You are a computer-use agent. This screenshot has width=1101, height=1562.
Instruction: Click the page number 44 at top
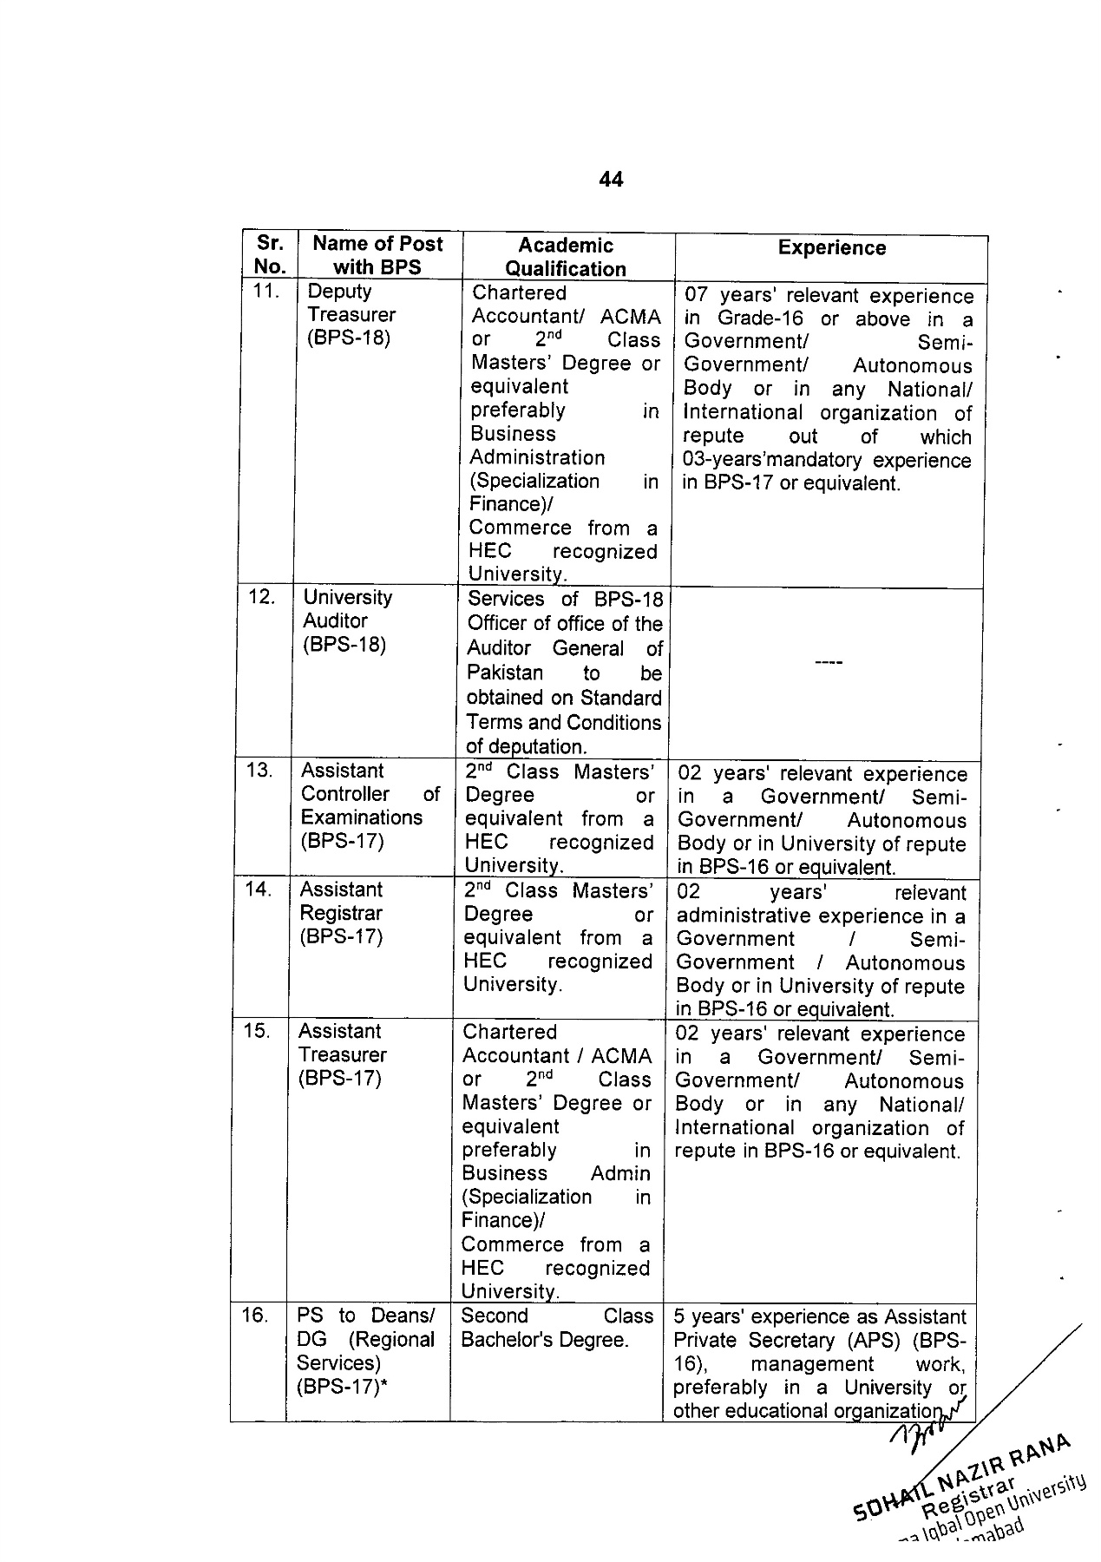(610, 180)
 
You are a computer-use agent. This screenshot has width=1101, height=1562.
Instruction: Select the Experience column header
(831, 248)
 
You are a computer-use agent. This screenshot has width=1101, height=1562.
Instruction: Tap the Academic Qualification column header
(566, 257)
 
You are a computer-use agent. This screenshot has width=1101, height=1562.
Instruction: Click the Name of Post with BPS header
(377, 256)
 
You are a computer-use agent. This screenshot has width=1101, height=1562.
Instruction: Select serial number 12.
(262, 597)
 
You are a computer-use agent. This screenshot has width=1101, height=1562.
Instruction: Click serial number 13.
(259, 770)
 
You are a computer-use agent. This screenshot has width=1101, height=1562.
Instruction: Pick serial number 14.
(259, 889)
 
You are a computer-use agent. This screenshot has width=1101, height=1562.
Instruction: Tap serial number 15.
(257, 1031)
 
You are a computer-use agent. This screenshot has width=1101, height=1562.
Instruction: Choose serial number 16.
(255, 1316)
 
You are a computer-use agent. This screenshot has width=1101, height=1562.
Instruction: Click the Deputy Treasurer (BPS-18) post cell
(351, 314)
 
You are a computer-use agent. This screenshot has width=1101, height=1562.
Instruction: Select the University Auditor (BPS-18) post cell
(346, 620)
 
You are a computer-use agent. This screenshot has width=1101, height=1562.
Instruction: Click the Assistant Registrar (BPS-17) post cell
(341, 913)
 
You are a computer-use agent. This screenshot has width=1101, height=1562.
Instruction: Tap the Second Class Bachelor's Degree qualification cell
(555, 1328)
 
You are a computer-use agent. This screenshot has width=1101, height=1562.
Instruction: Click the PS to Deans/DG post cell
(364, 1351)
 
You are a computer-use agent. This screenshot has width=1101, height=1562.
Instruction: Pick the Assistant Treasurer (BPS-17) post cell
(341, 1054)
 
